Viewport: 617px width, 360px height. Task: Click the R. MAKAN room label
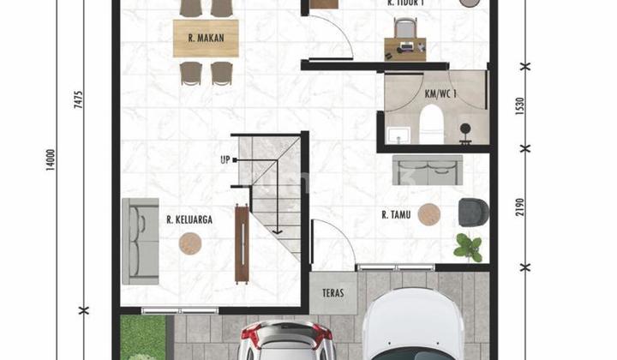[206, 38]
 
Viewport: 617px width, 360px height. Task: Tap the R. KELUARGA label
[189, 219]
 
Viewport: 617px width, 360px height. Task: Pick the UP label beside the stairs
[225, 160]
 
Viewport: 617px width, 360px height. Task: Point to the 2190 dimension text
[520, 207]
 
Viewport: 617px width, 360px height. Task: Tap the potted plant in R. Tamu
[468, 247]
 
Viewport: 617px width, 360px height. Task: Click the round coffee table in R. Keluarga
[190, 244]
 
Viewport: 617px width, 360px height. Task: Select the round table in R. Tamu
[429, 214]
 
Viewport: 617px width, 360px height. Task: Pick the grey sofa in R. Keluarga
[141, 241]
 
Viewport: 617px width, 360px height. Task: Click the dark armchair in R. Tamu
[473, 211]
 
